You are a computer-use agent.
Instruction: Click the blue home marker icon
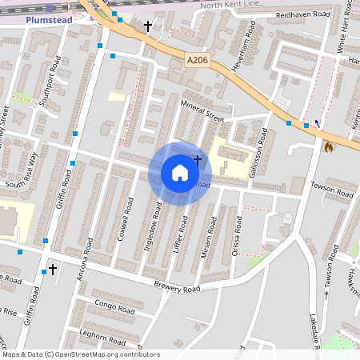[180, 173]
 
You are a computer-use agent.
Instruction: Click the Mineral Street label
[201, 110]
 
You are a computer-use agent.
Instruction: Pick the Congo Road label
[114, 306]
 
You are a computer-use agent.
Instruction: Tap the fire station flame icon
[328, 146]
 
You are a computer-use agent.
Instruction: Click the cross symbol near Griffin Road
[53, 270]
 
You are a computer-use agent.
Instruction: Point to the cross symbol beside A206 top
[147, 26]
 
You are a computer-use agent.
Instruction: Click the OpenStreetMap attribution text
[80, 354]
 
